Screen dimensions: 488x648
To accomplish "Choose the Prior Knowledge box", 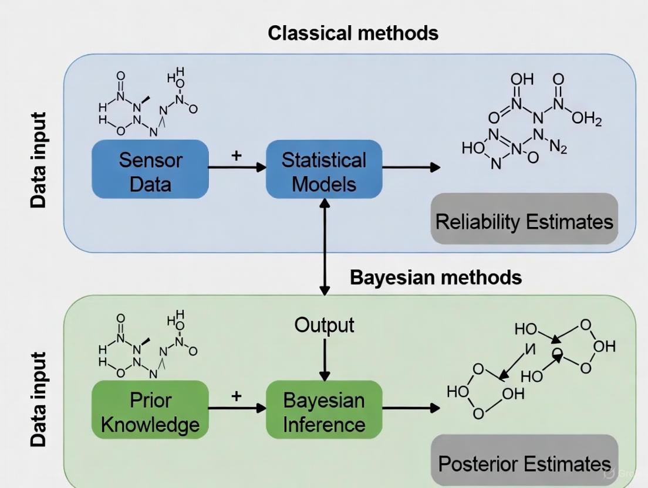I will [x=150, y=411].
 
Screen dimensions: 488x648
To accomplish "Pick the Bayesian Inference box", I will [x=324, y=411].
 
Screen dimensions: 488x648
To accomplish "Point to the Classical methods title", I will [x=353, y=33].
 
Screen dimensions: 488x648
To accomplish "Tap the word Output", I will [x=324, y=325].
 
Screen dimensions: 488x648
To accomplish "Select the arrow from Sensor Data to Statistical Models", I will [x=237, y=167].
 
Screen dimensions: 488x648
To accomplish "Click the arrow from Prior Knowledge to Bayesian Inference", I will [x=237, y=408].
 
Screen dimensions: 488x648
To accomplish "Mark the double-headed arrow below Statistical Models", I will [x=324, y=246].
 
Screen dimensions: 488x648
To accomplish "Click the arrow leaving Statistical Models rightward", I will [x=411, y=167].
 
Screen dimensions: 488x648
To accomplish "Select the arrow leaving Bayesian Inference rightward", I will [x=411, y=408].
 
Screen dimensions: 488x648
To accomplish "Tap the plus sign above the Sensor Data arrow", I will [x=237, y=155].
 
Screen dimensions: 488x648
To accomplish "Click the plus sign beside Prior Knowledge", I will [x=236, y=395].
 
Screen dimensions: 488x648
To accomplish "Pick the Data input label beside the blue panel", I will [x=39, y=160].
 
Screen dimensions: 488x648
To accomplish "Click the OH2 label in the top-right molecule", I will [x=586, y=120].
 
